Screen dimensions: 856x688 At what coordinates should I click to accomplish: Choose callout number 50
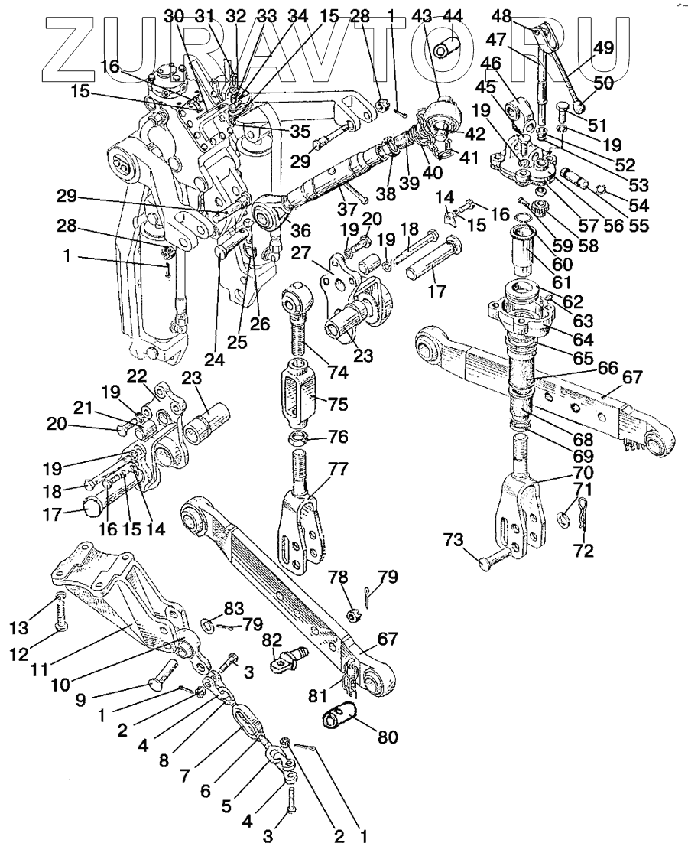click(602, 83)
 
